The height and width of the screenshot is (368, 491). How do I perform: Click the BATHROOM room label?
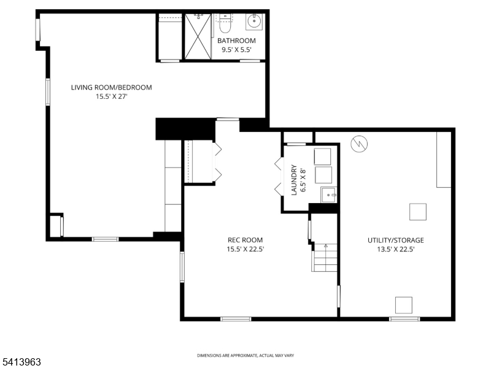(x=236, y=41)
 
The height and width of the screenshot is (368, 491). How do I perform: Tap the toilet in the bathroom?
(x=225, y=25)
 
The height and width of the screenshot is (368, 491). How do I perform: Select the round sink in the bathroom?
(x=255, y=21)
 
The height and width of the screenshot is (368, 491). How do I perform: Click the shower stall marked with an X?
(x=199, y=37)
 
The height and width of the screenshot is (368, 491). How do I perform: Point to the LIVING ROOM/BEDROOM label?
(x=111, y=87)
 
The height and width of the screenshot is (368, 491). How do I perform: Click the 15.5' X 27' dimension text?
(x=111, y=96)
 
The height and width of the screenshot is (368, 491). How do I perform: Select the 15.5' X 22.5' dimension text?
(x=245, y=249)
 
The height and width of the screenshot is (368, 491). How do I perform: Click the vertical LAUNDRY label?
(x=294, y=179)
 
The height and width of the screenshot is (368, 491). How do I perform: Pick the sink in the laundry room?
(x=330, y=196)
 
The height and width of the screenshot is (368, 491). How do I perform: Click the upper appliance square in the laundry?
(x=323, y=155)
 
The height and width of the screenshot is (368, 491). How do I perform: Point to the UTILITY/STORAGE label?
(x=395, y=240)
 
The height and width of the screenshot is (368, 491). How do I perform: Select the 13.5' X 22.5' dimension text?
(x=395, y=249)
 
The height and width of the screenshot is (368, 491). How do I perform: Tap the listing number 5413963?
(x=21, y=362)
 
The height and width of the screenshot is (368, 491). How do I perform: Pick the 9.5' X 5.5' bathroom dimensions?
(x=236, y=50)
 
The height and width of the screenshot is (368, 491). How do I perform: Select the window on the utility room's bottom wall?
(x=404, y=318)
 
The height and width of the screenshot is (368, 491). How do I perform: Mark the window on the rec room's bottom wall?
(x=236, y=318)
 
